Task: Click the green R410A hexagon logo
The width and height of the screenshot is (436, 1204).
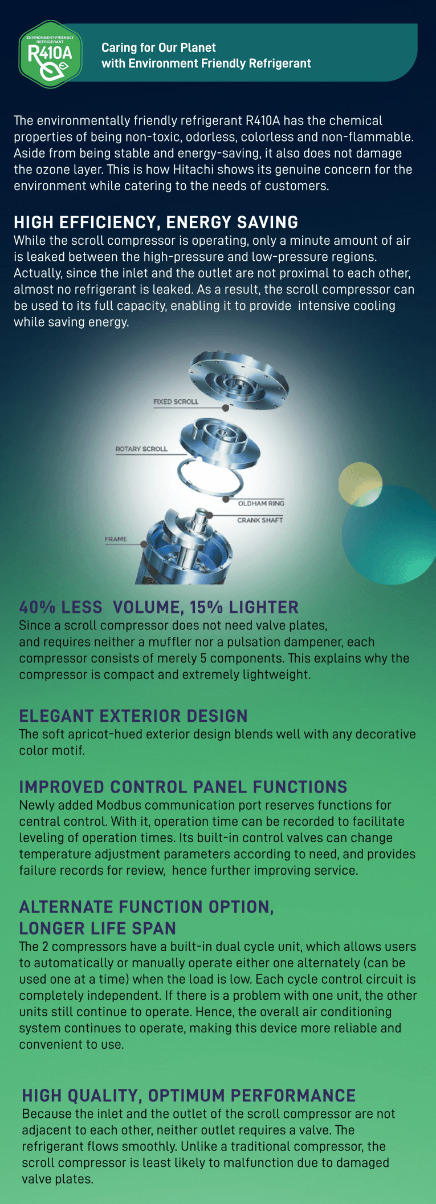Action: tap(50, 54)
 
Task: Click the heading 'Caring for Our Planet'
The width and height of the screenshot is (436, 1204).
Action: tap(158, 47)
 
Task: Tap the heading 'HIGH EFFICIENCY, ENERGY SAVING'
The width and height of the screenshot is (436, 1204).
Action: tap(156, 222)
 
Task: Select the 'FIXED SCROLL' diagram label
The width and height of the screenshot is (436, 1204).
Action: tap(176, 402)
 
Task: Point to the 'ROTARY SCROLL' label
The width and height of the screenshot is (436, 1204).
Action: tap(141, 449)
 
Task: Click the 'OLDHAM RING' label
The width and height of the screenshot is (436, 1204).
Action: tap(261, 503)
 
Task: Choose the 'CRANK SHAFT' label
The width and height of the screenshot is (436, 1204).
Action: tap(260, 520)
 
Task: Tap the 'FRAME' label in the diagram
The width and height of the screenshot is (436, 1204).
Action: tap(116, 539)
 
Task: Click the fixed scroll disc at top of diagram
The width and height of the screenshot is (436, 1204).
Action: tap(239, 381)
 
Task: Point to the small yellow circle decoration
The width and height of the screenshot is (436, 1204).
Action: tap(360, 484)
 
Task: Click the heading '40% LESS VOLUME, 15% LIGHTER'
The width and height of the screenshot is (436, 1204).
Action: tap(159, 607)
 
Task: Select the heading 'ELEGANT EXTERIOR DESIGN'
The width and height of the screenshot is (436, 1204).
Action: tap(133, 716)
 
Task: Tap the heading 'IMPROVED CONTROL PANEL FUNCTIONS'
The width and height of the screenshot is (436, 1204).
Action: tap(183, 787)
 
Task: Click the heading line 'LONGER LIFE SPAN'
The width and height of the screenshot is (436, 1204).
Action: tap(97, 928)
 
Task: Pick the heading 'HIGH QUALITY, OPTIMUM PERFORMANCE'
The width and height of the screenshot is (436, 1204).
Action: tap(189, 1096)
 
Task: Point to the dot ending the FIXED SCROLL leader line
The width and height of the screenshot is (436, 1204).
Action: tap(226, 408)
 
